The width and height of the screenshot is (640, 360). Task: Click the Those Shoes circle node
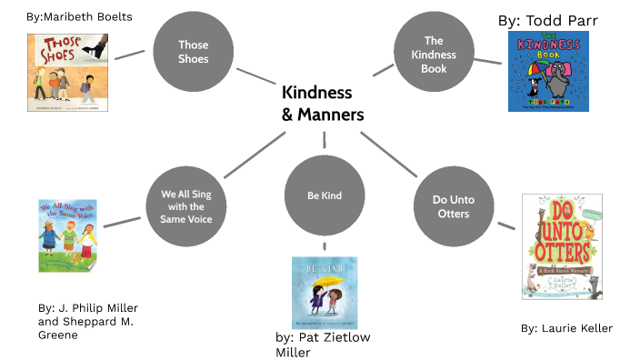[194, 51]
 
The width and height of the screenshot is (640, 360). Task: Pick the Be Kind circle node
[325, 195]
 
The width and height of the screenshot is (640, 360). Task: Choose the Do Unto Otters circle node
[451, 206]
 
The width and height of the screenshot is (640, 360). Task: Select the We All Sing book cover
[68, 235]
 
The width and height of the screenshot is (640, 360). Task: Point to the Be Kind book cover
[325, 293]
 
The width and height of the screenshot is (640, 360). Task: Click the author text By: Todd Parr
[548, 21]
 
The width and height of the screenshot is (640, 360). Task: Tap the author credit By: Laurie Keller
[566, 328]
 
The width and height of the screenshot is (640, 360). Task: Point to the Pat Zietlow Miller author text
[323, 345]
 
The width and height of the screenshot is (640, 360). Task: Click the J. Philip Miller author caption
[83, 321]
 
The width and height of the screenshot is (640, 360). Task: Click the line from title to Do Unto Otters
[388, 154]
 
